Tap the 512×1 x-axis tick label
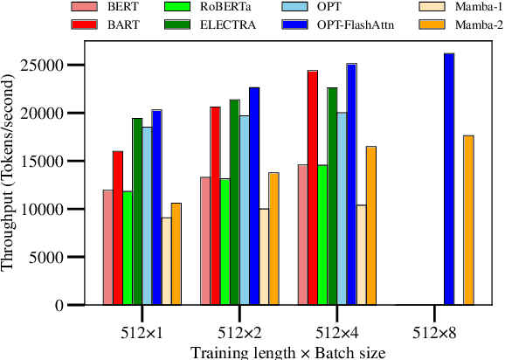(141, 332)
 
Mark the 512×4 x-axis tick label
(336, 332)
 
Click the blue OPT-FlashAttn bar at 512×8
(449, 179)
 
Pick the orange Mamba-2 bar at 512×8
(468, 220)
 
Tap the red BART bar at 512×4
(312, 188)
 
